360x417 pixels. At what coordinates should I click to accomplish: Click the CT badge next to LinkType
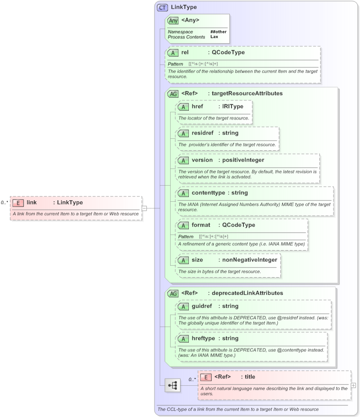point(162,8)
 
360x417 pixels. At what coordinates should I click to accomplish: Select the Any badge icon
point(173,20)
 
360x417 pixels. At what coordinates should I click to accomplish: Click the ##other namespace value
point(218,32)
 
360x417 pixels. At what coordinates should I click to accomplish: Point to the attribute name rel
point(185,53)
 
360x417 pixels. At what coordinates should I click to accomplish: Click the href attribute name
point(197,107)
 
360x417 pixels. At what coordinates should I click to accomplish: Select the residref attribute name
point(202,133)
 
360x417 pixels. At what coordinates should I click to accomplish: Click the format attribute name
point(201,225)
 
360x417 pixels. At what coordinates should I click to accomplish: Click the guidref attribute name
point(201,306)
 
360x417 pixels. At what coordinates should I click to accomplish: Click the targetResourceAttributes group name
point(245,94)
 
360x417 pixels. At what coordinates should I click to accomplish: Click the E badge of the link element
point(18,203)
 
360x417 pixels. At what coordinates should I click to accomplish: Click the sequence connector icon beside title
point(173,385)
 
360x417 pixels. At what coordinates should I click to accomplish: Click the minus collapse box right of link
point(144,208)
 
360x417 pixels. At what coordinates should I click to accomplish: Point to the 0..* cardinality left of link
point(5,203)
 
